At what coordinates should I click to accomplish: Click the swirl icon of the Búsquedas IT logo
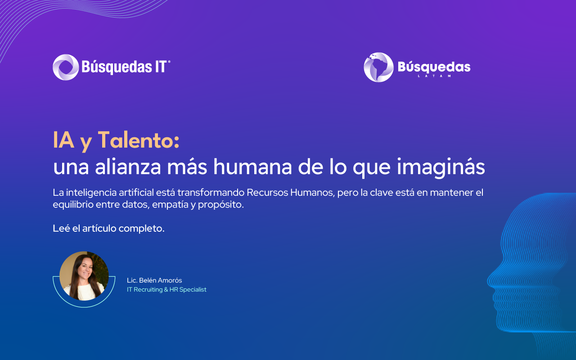(x=66, y=67)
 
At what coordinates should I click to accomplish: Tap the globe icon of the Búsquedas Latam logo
(x=378, y=67)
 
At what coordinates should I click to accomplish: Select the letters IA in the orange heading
(x=63, y=140)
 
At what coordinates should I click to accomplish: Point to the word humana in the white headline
(x=252, y=167)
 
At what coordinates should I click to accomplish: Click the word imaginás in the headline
(x=441, y=167)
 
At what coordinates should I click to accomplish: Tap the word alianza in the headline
(x=128, y=167)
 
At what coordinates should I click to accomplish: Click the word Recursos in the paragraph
(x=267, y=193)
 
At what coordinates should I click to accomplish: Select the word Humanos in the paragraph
(x=312, y=193)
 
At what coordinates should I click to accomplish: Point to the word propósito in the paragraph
(x=220, y=205)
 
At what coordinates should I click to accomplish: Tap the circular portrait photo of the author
(x=84, y=276)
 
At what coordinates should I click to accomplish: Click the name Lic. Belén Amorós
(x=154, y=280)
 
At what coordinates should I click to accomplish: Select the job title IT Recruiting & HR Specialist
(x=166, y=289)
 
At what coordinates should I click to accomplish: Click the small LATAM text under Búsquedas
(x=434, y=76)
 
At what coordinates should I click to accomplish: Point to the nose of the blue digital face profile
(x=490, y=280)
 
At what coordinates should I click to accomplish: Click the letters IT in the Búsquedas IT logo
(x=161, y=67)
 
